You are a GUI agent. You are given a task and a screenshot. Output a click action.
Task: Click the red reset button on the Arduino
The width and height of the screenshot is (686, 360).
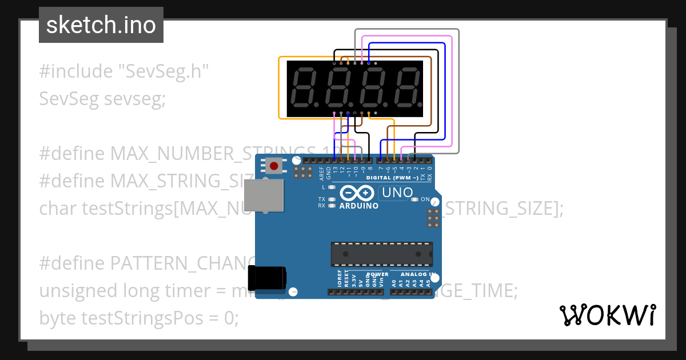(274, 166)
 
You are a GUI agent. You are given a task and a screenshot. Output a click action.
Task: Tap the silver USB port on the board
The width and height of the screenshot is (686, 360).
(264, 195)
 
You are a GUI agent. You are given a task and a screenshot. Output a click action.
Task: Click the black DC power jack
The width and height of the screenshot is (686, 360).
(271, 278)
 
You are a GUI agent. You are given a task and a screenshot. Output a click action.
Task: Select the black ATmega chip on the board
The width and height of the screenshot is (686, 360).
(381, 254)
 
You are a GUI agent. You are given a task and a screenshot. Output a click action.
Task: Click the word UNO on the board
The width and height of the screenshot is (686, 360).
(398, 193)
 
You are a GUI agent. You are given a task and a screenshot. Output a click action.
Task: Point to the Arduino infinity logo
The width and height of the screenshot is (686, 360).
(358, 193)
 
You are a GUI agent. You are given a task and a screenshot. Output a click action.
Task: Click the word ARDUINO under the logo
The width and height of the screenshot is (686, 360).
(358, 206)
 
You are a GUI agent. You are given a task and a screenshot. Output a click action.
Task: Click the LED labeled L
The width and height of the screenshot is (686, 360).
(332, 187)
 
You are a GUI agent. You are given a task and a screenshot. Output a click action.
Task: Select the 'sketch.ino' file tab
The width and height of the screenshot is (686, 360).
(101, 25)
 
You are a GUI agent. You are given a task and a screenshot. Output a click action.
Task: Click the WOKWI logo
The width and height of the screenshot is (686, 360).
(607, 315)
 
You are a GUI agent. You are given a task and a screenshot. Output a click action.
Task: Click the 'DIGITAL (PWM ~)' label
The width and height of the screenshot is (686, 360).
(392, 178)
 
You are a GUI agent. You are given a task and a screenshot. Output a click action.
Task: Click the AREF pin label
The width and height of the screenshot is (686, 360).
(321, 172)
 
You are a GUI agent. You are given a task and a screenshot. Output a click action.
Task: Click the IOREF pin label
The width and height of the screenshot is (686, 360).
(339, 280)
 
